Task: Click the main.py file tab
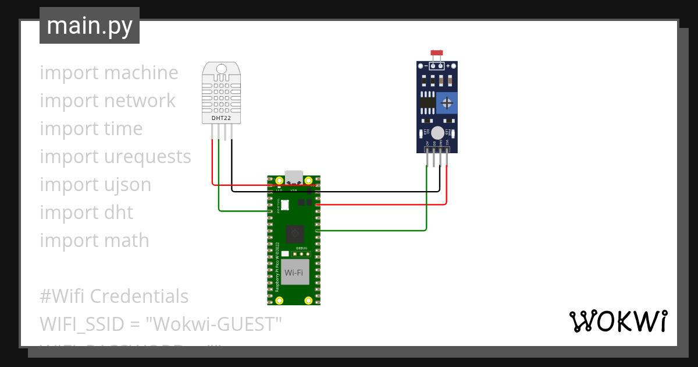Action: coord(89,26)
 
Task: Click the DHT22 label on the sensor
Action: coord(220,118)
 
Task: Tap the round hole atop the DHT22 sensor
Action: coord(221,69)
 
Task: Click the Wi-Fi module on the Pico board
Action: coord(294,272)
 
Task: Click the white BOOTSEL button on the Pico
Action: coord(284,204)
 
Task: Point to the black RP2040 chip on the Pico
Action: coord(295,234)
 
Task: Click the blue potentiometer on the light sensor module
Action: coord(447,103)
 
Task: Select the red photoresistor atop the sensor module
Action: coord(437,54)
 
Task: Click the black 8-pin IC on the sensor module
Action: coord(428,104)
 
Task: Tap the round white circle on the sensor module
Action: coord(437,133)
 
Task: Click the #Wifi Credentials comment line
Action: coord(114,296)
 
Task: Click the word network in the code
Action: coord(139,101)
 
